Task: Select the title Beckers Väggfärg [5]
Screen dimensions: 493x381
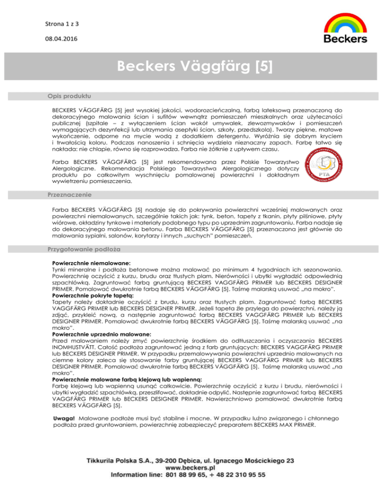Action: (190, 66)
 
